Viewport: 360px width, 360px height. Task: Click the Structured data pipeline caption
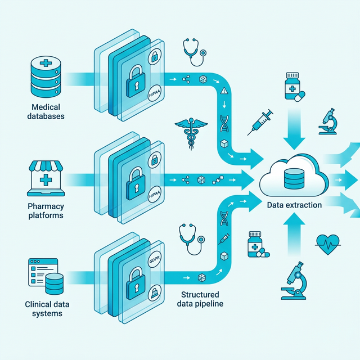pyautogui.click(x=200, y=299)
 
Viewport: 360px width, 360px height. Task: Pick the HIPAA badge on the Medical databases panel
pyautogui.click(x=154, y=95)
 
